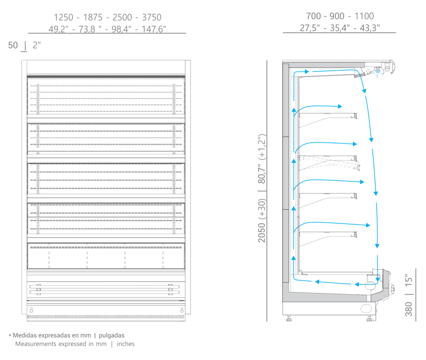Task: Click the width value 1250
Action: tap(64, 17)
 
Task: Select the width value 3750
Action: tap(151, 17)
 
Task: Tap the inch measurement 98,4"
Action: tap(121, 29)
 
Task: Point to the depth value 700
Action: tap(314, 16)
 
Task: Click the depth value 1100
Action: tap(364, 16)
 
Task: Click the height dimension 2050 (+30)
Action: tap(262, 220)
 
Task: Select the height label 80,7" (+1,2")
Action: tap(262, 159)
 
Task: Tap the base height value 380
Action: tap(409, 309)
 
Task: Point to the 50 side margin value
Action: tap(13, 45)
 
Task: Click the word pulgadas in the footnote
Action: tap(111, 335)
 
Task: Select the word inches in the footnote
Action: tap(126, 344)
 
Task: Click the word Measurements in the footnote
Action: tap(36, 344)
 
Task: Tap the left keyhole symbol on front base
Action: tap(32, 310)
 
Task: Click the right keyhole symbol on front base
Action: tap(182, 310)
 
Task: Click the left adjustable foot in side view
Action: tap(289, 318)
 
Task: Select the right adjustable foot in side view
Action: tap(369, 318)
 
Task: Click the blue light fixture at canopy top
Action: tap(378, 72)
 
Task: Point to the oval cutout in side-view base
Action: tap(366, 308)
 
